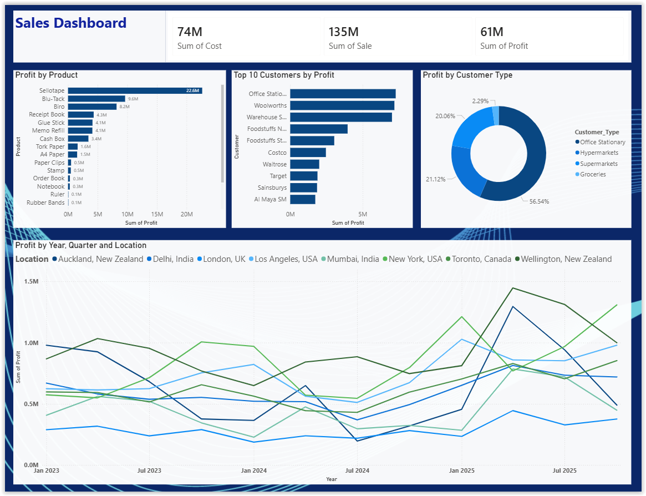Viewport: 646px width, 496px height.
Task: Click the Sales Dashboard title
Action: [71, 23]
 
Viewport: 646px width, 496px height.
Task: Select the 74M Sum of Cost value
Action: [190, 32]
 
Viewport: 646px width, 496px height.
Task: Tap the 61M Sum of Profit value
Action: [492, 32]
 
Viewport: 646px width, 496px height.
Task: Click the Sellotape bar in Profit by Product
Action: [135, 90]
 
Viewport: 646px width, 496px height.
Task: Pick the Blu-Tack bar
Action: [96, 99]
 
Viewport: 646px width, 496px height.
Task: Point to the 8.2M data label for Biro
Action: [124, 107]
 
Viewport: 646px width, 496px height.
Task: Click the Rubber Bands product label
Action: [45, 203]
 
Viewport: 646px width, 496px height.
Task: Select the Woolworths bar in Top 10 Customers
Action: [342, 105]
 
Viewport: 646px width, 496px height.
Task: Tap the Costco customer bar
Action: [308, 153]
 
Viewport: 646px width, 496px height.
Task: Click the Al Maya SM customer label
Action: [270, 200]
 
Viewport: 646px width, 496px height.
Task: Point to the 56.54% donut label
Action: [540, 201]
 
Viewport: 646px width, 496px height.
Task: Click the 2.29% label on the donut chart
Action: [480, 101]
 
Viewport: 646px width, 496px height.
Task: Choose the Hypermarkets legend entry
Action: [597, 153]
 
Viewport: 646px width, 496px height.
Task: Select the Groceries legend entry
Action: [591, 174]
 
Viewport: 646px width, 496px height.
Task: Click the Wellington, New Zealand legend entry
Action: [563, 259]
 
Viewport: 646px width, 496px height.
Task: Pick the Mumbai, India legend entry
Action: [350, 259]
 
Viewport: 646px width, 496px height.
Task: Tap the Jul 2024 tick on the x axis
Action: [357, 470]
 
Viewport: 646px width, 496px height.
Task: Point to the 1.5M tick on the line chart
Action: [31, 281]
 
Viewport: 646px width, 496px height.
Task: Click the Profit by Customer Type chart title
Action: [467, 75]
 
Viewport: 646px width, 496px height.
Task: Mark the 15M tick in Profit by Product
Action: [157, 214]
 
